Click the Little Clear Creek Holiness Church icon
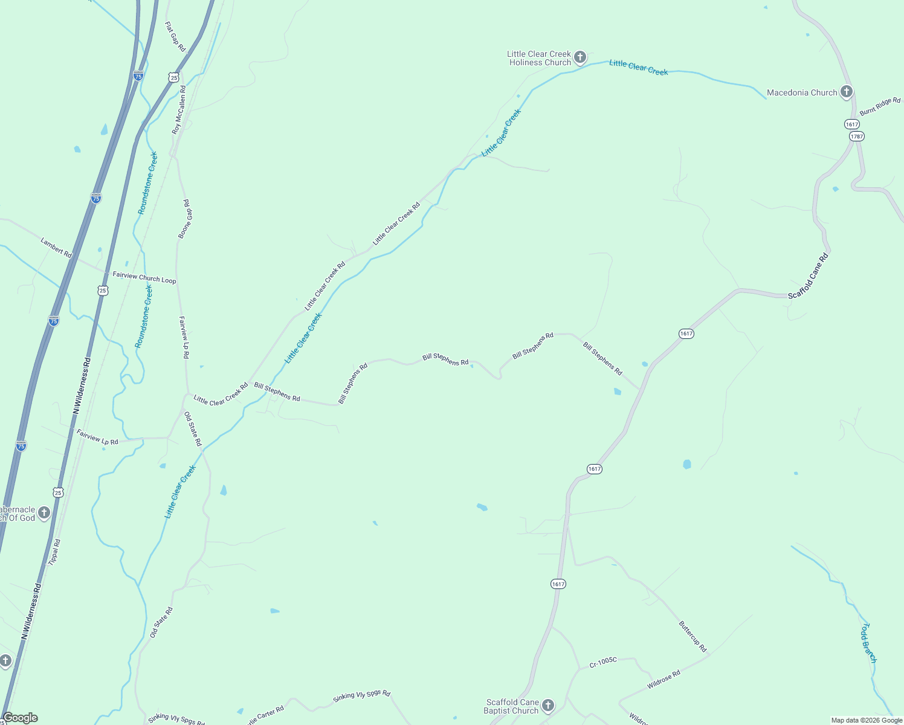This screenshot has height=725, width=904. pyautogui.click(x=580, y=57)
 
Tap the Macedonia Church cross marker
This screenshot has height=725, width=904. pyautogui.click(x=846, y=92)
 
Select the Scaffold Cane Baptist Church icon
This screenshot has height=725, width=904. pyautogui.click(x=547, y=705)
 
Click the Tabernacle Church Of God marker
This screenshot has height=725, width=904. pyautogui.click(x=44, y=513)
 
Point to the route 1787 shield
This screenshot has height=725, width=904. pyautogui.click(x=856, y=136)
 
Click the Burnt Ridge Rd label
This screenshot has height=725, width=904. pyautogui.click(x=880, y=106)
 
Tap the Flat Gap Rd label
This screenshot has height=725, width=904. pyautogui.click(x=175, y=36)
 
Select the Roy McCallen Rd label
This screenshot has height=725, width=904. pyautogui.click(x=179, y=109)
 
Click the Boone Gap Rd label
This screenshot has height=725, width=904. pyautogui.click(x=186, y=219)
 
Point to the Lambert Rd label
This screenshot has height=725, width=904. pyautogui.click(x=56, y=248)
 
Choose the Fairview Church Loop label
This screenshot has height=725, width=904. pyautogui.click(x=144, y=277)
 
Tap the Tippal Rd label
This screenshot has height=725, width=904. pyautogui.click(x=54, y=552)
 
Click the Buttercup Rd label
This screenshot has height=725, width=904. pyautogui.click(x=693, y=636)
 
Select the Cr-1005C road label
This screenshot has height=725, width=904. pyautogui.click(x=603, y=662)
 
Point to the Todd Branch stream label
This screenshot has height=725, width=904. pyautogui.click(x=868, y=643)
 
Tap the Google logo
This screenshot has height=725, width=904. pyautogui.click(x=20, y=718)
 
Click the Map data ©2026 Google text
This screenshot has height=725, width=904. pyautogui.click(x=867, y=720)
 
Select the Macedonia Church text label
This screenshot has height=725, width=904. pyautogui.click(x=802, y=92)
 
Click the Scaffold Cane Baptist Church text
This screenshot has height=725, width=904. pyautogui.click(x=512, y=706)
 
